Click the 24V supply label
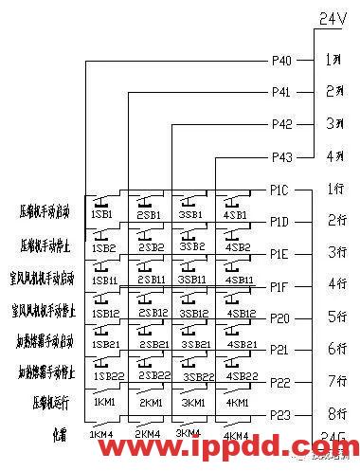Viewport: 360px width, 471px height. (x=332, y=18)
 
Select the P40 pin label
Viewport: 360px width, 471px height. (x=281, y=61)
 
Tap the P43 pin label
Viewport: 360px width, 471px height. (x=281, y=157)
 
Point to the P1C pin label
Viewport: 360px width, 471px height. (x=279, y=190)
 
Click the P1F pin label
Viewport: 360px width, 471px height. (x=279, y=286)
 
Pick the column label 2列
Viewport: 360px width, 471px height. (x=333, y=92)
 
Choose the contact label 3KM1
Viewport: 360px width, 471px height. (x=192, y=403)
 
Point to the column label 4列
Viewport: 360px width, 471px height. (x=333, y=156)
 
